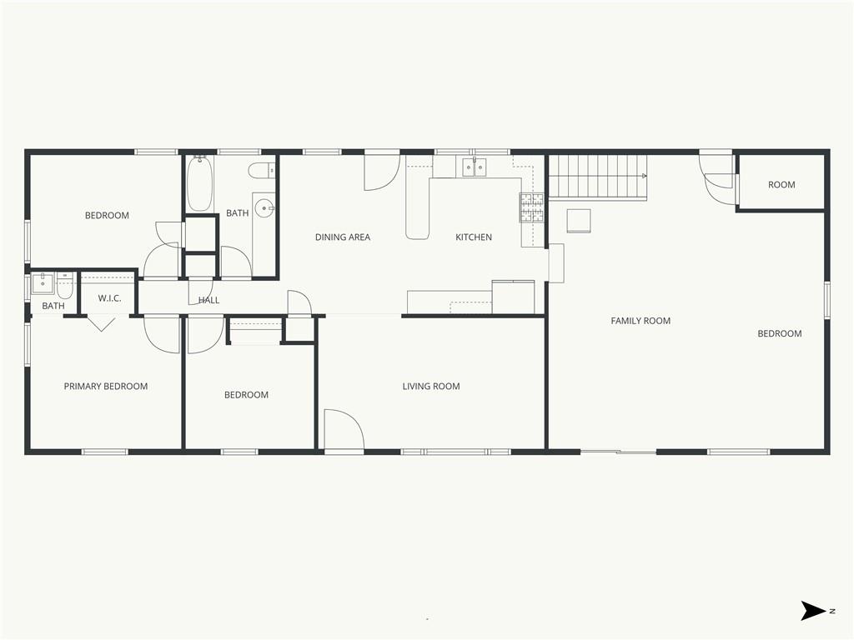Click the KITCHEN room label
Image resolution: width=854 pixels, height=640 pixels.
[474, 237]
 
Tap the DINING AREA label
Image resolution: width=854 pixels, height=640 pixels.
[343, 237]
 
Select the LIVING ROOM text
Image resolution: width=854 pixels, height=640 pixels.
[431, 387]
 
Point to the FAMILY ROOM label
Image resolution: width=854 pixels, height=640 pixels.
[640, 321]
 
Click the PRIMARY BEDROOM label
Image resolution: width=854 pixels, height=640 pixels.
[106, 387]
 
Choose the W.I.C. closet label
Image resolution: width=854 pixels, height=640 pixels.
[109, 298]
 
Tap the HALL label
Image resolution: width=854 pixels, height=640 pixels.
[208, 300]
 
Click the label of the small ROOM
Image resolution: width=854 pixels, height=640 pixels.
[781, 185]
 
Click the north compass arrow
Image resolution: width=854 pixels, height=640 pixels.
[814, 611]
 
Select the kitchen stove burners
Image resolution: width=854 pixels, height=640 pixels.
[531, 207]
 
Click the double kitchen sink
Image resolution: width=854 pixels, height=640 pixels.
[475, 167]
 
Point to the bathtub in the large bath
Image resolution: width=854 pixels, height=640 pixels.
[199, 182]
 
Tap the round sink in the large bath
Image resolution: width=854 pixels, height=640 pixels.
[265, 207]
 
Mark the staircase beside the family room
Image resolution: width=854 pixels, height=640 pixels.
[597, 177]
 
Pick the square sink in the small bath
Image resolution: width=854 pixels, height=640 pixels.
[42, 283]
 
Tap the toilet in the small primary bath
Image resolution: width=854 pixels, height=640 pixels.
[65, 285]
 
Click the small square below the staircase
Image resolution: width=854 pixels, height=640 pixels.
[579, 221]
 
